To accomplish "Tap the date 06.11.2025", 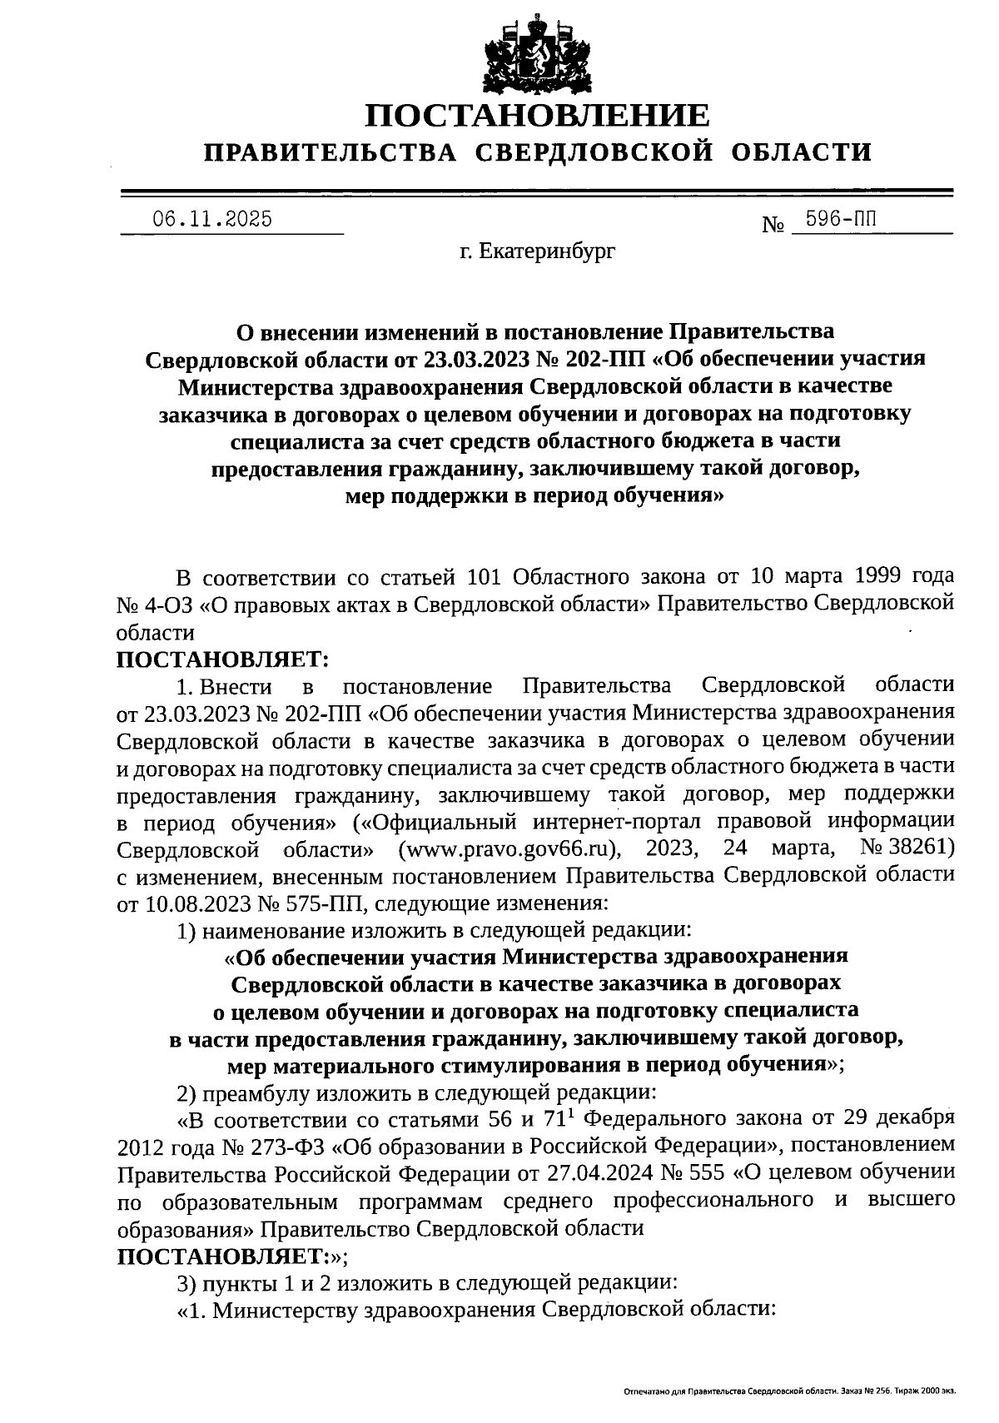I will pos(211,220).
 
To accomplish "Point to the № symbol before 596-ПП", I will pos(774,225).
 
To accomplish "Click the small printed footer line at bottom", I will pos(789,1391).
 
